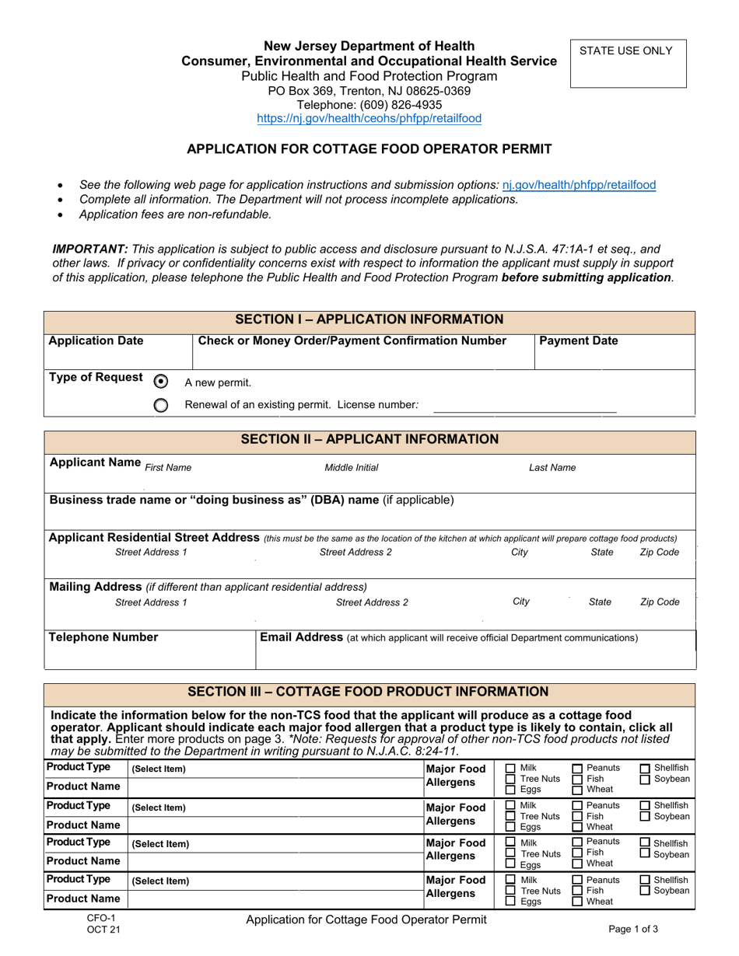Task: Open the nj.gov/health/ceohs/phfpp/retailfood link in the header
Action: tap(369, 119)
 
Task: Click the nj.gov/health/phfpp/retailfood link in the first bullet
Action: tap(579, 185)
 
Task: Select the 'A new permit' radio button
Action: tap(161, 381)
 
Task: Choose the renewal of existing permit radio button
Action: tap(161, 405)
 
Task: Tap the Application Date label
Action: tap(96, 340)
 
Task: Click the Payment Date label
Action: tap(574, 340)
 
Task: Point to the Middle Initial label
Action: tap(351, 468)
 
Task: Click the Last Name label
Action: tap(552, 468)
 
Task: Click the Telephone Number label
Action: tap(103, 637)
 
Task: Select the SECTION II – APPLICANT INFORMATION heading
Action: tap(369, 440)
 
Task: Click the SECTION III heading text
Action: tap(369, 692)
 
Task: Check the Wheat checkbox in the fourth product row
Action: tap(577, 902)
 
